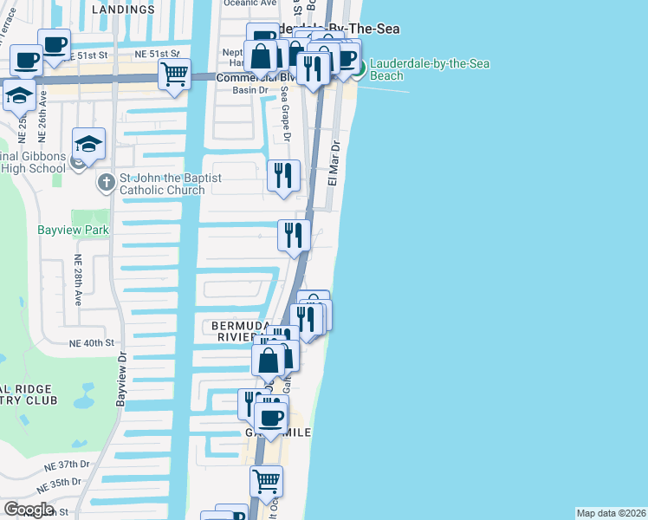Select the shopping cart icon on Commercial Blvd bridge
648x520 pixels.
[x=175, y=75]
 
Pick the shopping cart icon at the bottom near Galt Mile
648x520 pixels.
[x=266, y=481]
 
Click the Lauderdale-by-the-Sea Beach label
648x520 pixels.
[x=387, y=70]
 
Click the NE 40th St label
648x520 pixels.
[x=93, y=343]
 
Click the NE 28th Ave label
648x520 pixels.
[x=77, y=280]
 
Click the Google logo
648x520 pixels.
[x=29, y=510]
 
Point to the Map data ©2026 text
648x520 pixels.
[x=611, y=513]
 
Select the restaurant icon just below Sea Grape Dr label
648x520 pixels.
[x=283, y=175]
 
